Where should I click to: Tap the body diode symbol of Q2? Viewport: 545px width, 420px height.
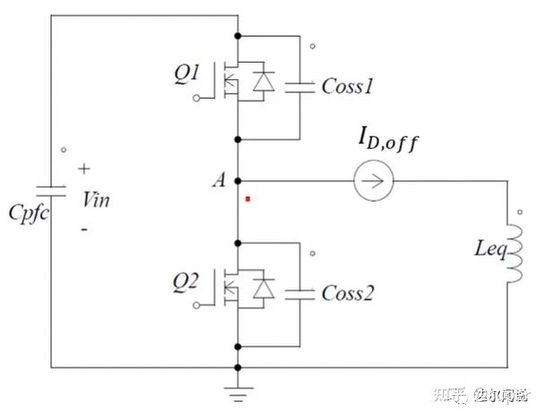point(264,288)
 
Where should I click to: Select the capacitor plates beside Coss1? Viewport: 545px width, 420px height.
point(298,88)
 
